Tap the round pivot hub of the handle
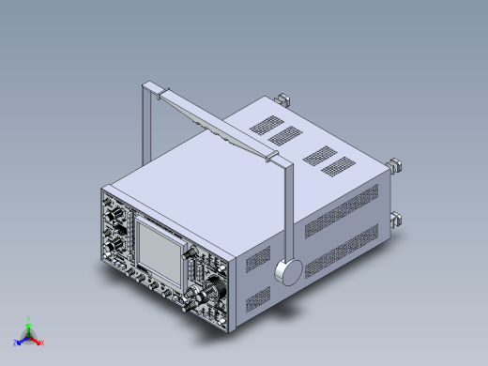[x=290, y=271]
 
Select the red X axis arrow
[x=37, y=340]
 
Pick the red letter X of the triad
[x=42, y=343]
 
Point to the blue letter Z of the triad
[x=15, y=343]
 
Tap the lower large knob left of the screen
[x=119, y=245]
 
